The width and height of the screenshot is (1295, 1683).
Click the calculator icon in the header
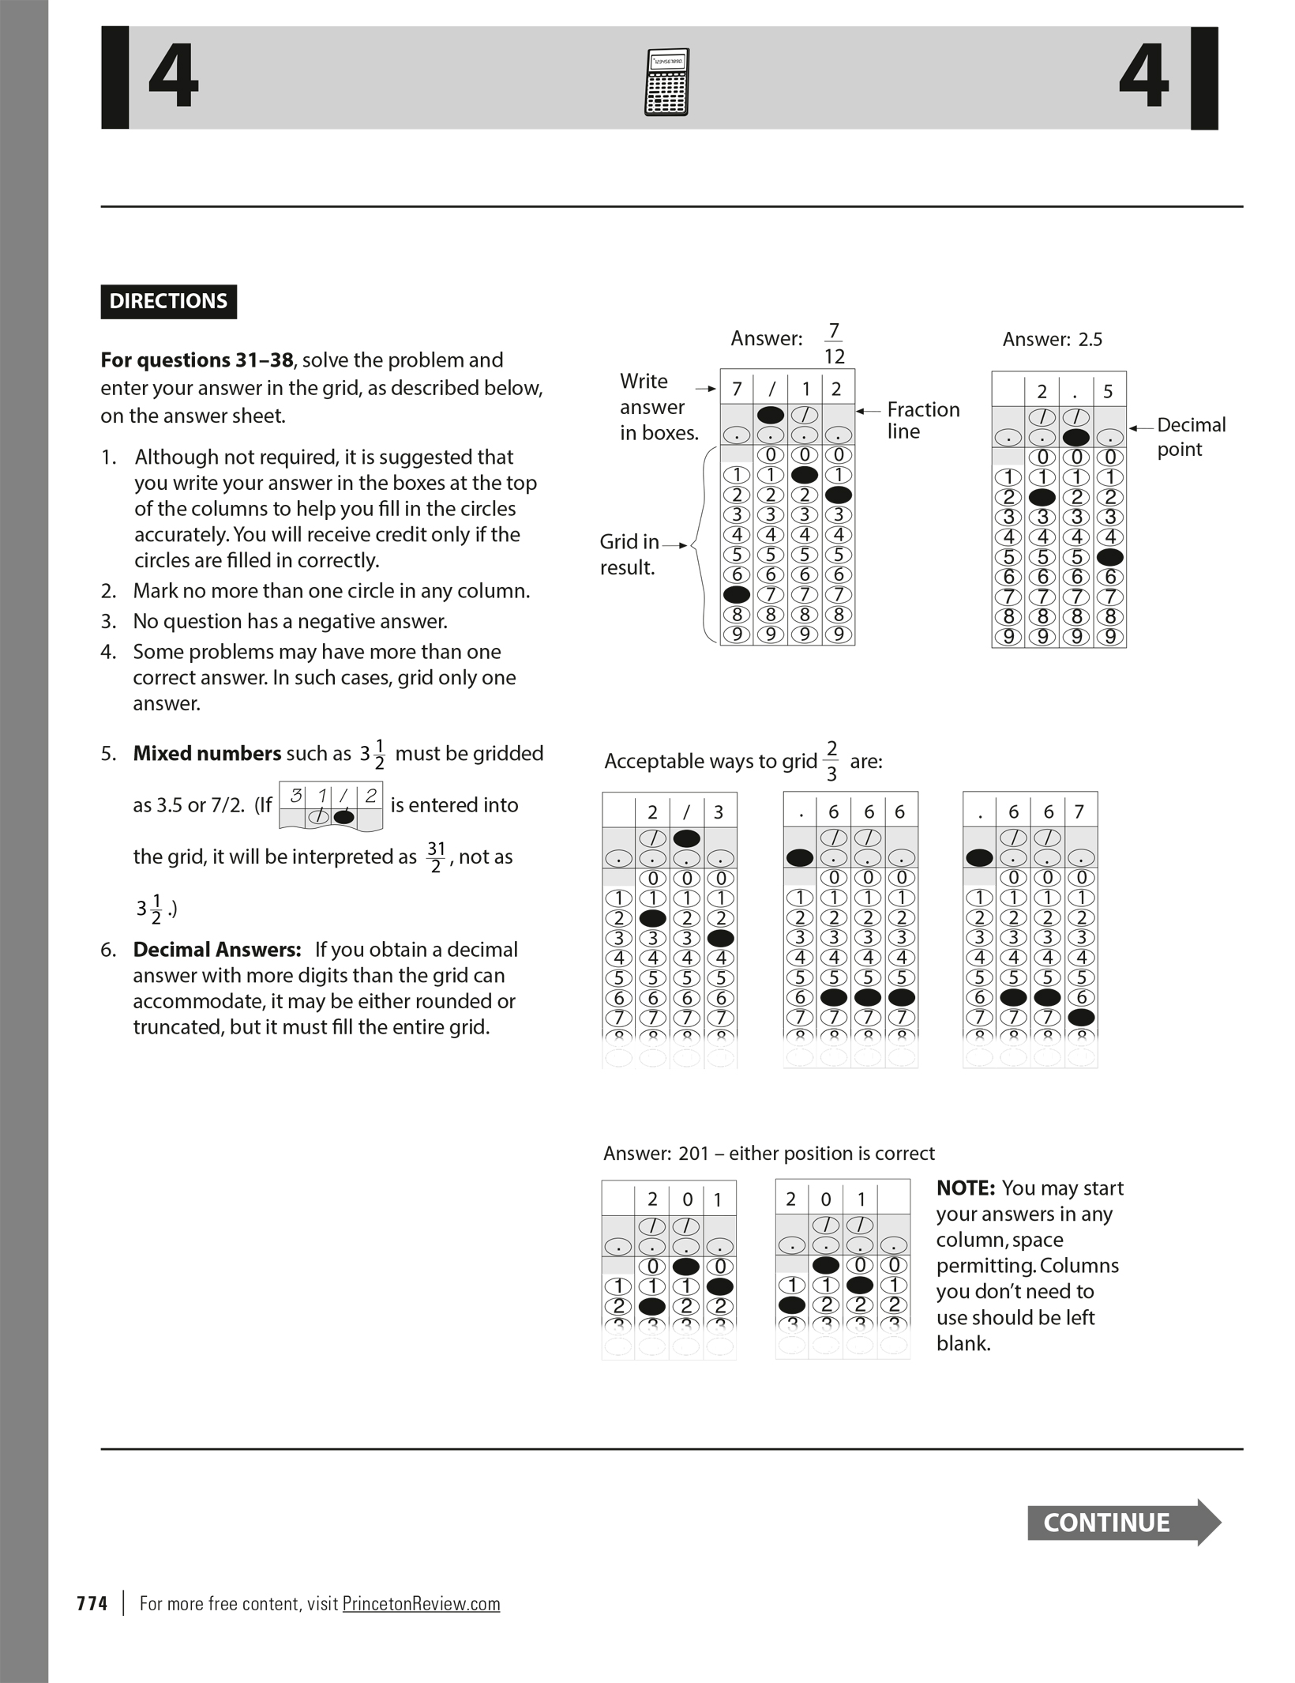(666, 82)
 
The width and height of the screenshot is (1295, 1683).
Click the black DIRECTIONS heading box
(168, 301)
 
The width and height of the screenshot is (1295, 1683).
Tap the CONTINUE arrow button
(1122, 1522)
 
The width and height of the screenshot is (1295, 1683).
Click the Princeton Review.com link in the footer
(421, 1603)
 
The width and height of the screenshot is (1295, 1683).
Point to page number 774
(92, 1603)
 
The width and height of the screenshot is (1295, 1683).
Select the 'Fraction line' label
(922, 420)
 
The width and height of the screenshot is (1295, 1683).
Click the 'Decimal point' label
(1191, 437)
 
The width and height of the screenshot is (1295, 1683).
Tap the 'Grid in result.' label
(629, 554)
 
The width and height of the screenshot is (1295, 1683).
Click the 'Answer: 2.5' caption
(1052, 340)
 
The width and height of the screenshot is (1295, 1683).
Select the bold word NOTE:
(965, 1188)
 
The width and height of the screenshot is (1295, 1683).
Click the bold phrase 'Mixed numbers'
(207, 753)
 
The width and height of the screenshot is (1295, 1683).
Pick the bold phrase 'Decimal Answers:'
(217, 949)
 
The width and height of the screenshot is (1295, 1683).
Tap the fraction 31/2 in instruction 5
(435, 857)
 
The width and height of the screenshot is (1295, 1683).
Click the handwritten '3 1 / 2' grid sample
(331, 806)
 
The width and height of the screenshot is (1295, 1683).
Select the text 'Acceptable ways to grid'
(710, 761)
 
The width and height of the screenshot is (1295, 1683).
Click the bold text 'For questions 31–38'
(196, 360)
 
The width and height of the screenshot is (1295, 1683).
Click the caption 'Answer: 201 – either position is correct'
(768, 1154)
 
